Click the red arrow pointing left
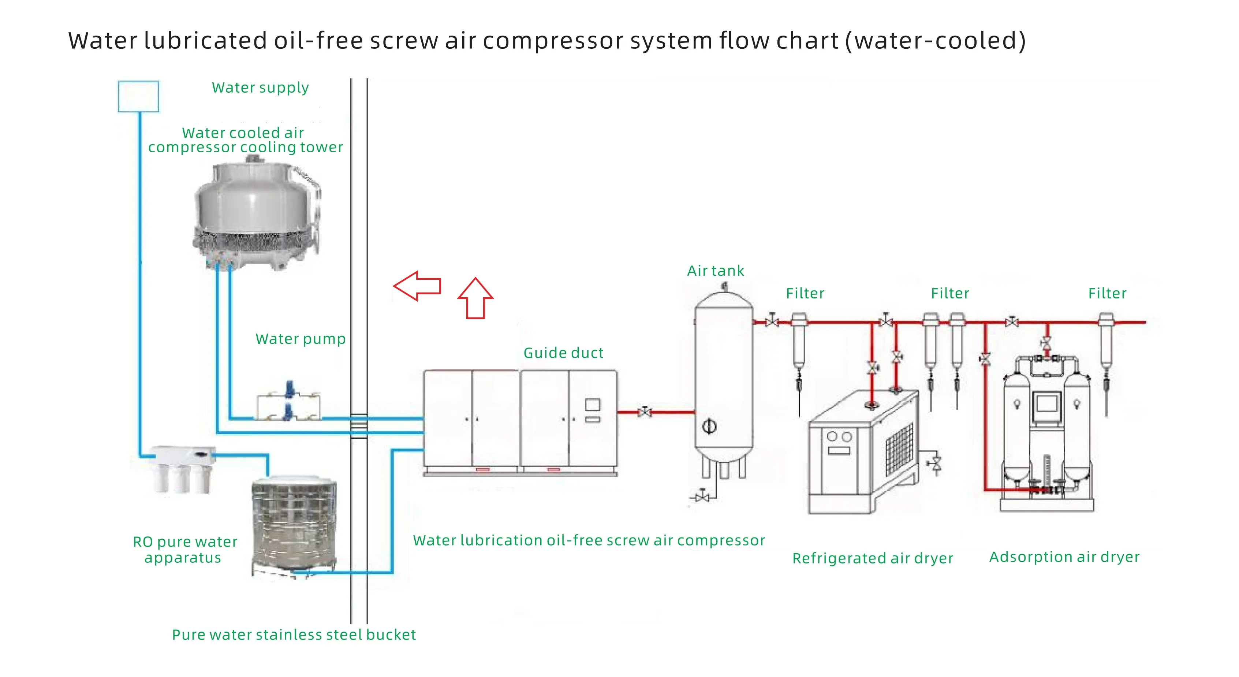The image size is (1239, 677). pos(417,286)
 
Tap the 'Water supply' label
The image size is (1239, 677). pos(260,88)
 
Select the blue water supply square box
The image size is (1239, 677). pos(138,96)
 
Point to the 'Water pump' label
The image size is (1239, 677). pos(301,339)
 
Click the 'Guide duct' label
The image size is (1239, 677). pos(563,353)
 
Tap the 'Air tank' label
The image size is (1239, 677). pos(715,271)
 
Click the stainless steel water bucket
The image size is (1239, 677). pos(294,524)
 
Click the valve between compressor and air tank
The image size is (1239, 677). pos(645,412)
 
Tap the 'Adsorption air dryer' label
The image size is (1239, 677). pos(1064,557)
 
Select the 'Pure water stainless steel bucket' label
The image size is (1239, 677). pos(294,635)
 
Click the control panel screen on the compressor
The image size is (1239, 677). pos(593,405)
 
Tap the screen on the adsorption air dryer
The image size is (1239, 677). pos(1046,403)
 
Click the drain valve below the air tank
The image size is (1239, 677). pos(703,496)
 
